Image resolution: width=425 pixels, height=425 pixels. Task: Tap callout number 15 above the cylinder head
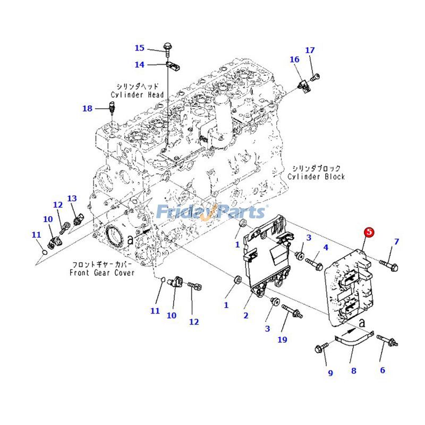click(139, 48)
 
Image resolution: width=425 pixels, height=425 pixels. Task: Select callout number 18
click(87, 108)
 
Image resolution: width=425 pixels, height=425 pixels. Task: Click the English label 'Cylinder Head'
click(137, 95)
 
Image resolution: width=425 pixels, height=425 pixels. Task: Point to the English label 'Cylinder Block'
click(316, 176)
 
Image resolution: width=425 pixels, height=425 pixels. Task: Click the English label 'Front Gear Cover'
click(102, 273)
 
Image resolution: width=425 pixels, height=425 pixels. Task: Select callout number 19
click(282, 339)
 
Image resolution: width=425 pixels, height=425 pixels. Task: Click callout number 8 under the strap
click(353, 371)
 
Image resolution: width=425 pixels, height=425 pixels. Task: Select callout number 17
click(310, 50)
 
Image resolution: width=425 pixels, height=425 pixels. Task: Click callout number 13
click(72, 199)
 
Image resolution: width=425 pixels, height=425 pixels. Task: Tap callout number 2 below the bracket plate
click(246, 316)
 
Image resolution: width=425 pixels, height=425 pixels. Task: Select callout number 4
click(326, 248)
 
